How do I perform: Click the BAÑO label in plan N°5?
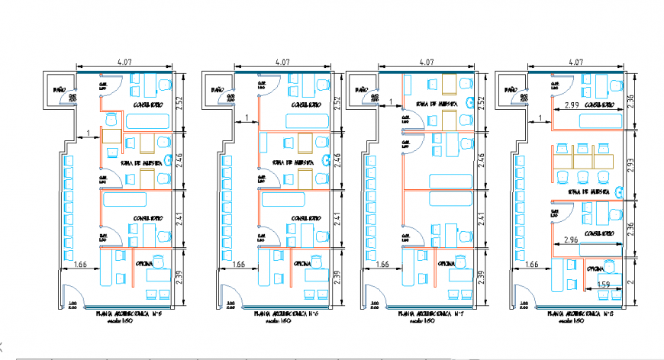60,91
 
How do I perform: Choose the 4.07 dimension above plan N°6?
282,63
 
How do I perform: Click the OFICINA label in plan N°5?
147,264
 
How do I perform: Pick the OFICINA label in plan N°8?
598,268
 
